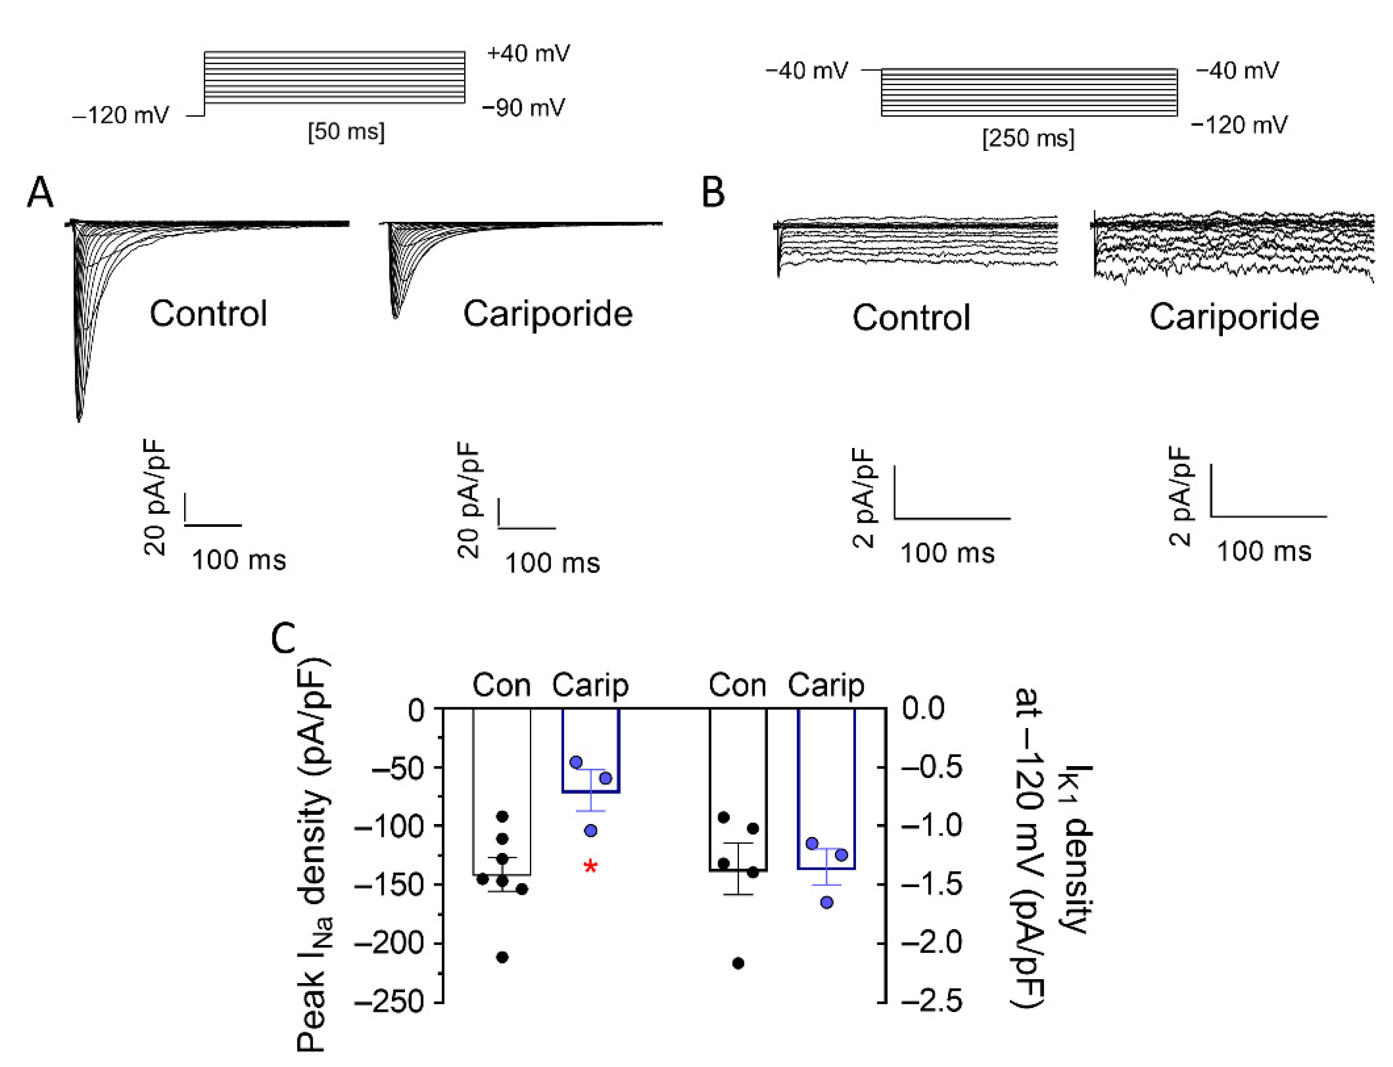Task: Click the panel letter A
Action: (40, 192)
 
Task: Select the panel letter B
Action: (713, 192)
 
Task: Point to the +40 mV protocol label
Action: (528, 54)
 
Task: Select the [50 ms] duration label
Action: (346, 132)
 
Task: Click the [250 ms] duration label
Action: (1028, 138)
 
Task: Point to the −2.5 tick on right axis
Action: (933, 1002)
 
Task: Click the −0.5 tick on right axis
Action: (933, 767)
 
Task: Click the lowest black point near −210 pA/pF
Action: (502, 957)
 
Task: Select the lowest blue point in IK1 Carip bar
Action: (827, 902)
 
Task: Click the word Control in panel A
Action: (208, 314)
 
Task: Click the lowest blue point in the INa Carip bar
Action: (590, 830)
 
